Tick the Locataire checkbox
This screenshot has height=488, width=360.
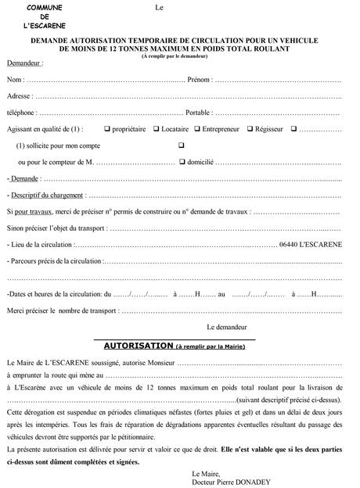(x=156, y=128)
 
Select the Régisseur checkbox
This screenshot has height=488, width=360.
(x=250, y=128)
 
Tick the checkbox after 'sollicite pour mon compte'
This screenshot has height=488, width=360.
(x=182, y=145)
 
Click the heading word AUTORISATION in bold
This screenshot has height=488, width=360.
(x=138, y=344)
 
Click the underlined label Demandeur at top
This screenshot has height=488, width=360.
(x=23, y=62)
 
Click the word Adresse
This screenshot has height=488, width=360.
(x=19, y=95)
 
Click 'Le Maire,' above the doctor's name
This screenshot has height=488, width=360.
(x=206, y=473)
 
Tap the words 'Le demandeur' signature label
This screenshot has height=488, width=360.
(x=227, y=326)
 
